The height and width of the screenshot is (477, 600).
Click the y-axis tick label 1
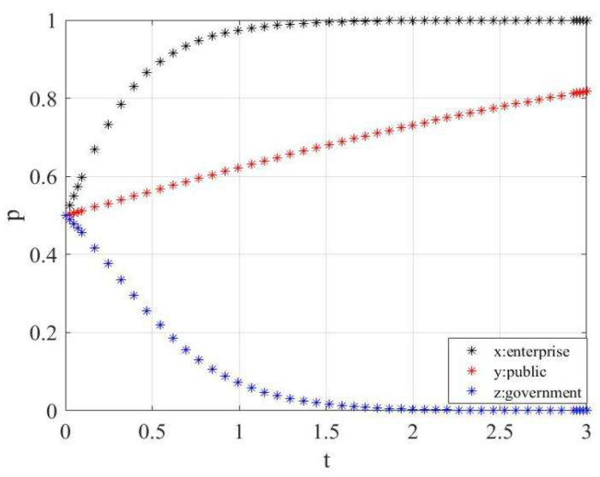(52, 21)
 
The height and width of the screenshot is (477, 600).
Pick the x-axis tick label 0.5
(152, 432)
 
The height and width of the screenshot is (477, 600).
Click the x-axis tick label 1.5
(326, 432)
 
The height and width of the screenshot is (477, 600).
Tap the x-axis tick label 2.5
(499, 432)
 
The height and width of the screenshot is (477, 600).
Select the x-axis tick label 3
(586, 432)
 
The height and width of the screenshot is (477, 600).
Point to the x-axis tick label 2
(413, 432)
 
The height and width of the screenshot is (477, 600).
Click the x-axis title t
(326, 460)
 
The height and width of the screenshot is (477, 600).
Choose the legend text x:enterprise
(531, 351)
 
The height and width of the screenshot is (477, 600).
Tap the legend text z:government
(537, 393)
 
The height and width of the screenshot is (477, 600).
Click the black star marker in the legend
(471, 351)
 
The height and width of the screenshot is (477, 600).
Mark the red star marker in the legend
(471, 371)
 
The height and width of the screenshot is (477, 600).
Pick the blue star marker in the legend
(471, 391)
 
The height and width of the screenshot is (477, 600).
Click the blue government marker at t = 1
(238, 382)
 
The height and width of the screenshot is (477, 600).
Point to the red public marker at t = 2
(412, 126)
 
